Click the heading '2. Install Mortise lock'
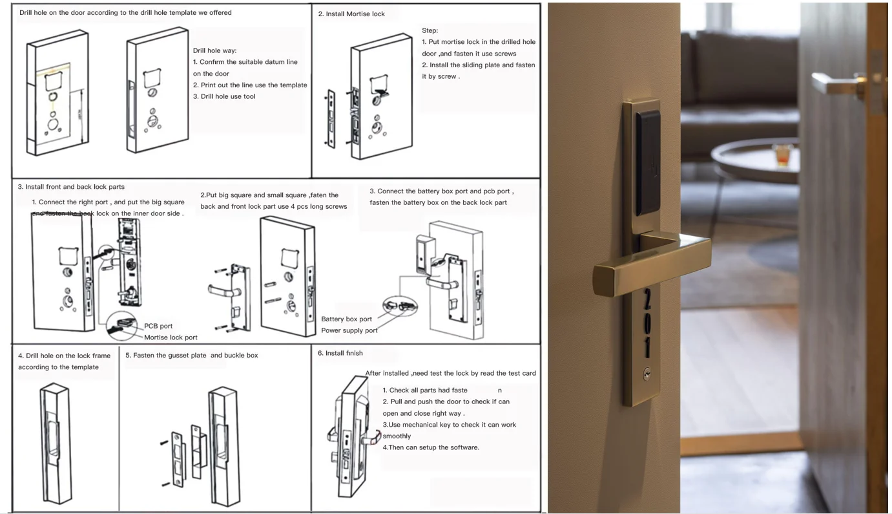pos(351,14)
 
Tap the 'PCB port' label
pos(158,326)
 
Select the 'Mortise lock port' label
pos(171,337)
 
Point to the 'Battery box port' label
pos(346,319)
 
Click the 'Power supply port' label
pos(349,330)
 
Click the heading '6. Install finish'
pos(340,353)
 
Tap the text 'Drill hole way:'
pos(214,50)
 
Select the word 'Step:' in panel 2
pos(430,30)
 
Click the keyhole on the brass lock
pos(647,374)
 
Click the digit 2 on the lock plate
pos(647,299)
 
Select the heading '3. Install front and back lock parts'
pos(71,187)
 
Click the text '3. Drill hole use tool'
pos(223,96)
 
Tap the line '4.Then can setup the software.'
pos(431,447)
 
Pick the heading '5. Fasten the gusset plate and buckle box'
pos(192,356)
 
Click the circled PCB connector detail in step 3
pos(122,327)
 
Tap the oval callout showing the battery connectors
pos(400,306)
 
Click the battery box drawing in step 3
pos(425,255)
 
